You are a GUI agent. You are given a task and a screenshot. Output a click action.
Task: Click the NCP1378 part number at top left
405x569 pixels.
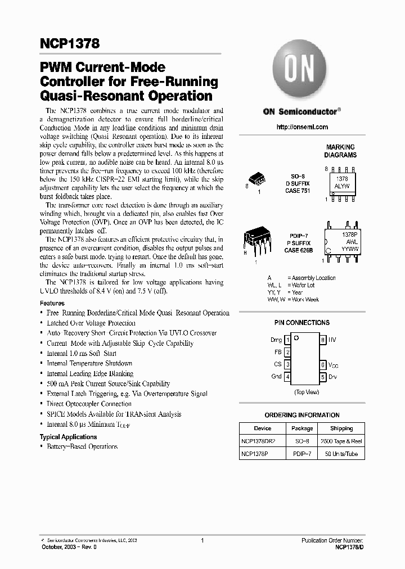click(x=70, y=44)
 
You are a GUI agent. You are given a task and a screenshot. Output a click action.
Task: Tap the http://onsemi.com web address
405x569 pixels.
click(x=302, y=127)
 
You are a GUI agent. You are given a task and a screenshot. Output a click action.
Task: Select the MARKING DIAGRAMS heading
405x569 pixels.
click(x=340, y=151)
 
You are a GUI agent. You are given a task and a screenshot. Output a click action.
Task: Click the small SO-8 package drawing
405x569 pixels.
click(x=258, y=180)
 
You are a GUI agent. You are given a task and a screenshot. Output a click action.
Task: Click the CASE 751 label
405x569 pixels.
click(x=297, y=191)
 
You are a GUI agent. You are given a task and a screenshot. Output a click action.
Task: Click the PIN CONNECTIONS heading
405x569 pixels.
click(x=301, y=323)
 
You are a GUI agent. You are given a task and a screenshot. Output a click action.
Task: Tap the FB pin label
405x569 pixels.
click(x=277, y=353)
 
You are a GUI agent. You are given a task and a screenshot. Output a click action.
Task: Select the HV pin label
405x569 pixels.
click(x=332, y=340)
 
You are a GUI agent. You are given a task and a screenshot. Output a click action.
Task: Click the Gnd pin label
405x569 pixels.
click(x=276, y=377)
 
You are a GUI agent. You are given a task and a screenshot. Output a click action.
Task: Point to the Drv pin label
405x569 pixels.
click(x=333, y=377)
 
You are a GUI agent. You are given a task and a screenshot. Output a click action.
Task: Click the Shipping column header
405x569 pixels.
click(x=341, y=428)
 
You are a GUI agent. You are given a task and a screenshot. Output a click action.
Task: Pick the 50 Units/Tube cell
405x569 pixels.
click(x=341, y=454)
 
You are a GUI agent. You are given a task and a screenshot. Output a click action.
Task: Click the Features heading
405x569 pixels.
click(x=52, y=303)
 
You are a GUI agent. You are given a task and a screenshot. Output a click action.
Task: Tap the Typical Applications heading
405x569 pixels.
click(x=68, y=437)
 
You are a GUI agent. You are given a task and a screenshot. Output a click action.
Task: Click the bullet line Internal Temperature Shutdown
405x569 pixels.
click(x=89, y=363)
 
